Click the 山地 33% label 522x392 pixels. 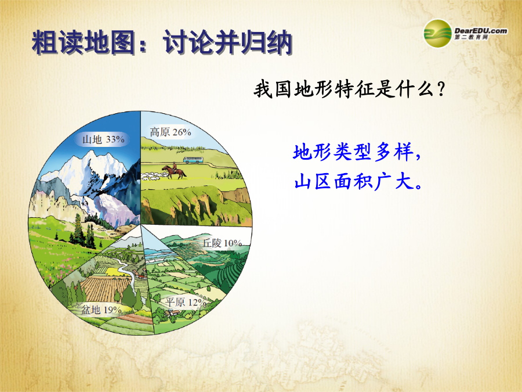104,139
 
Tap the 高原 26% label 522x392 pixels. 171,132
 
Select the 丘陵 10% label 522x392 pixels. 222,243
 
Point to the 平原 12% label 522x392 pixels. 186,303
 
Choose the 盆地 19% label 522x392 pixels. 101,310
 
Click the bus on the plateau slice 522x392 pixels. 193,160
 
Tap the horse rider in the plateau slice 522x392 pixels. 174,170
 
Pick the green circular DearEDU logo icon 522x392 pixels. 437,33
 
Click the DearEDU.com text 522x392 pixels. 481,31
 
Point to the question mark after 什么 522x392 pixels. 441,89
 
